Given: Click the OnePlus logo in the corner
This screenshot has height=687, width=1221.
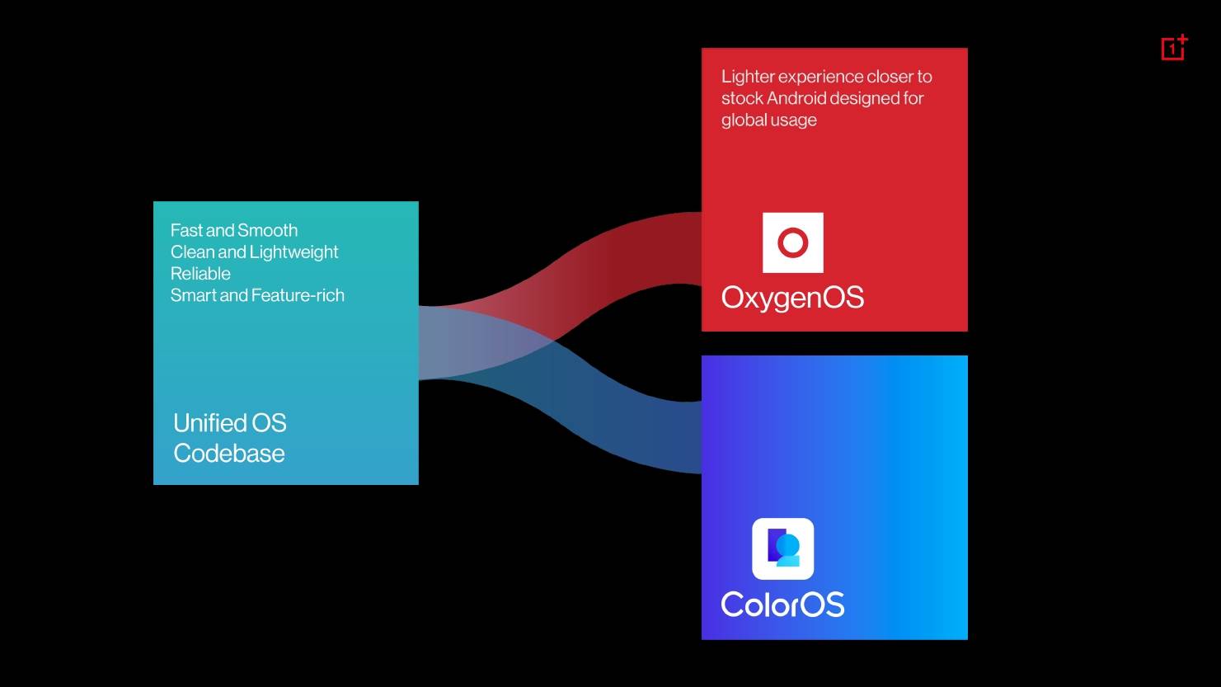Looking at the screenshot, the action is (x=1174, y=48).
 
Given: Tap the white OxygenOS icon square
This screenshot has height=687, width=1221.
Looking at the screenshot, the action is (x=792, y=242).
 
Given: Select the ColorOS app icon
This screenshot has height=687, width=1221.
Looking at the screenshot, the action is (x=782, y=548).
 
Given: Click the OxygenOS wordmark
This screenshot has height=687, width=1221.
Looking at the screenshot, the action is (x=792, y=299).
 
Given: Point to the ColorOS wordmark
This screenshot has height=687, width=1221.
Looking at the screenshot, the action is (x=782, y=605).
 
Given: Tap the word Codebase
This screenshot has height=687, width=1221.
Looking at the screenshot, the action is (x=229, y=453).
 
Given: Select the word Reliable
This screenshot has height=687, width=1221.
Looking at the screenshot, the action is (x=200, y=273).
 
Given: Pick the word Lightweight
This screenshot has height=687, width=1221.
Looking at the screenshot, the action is (x=294, y=252).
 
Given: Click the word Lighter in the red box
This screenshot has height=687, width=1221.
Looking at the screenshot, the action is (x=747, y=77).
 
